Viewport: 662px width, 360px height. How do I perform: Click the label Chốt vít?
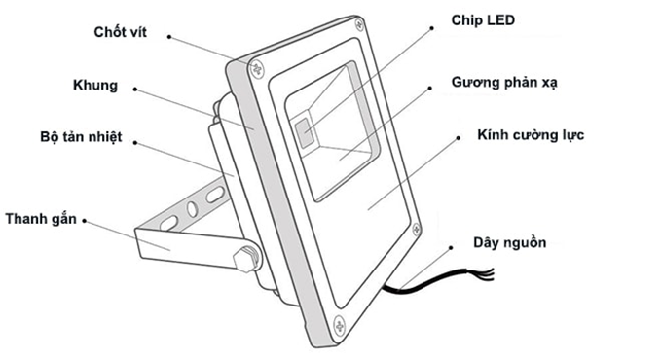coord(128,32)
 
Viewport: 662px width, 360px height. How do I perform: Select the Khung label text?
coord(95,86)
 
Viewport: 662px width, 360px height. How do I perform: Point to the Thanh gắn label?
coord(42,218)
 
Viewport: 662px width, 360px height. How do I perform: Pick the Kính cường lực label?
coord(530,134)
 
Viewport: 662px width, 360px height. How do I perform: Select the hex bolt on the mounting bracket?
coord(245,260)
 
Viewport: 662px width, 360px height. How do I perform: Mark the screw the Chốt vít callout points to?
coord(258,67)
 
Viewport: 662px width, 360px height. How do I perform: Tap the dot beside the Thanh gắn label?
coord(86,219)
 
